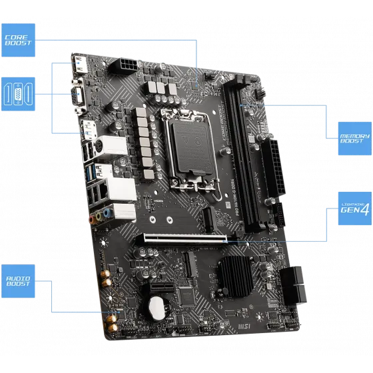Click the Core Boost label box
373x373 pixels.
19,39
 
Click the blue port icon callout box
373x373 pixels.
19,93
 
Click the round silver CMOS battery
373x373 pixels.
156,307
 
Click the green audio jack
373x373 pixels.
101,216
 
